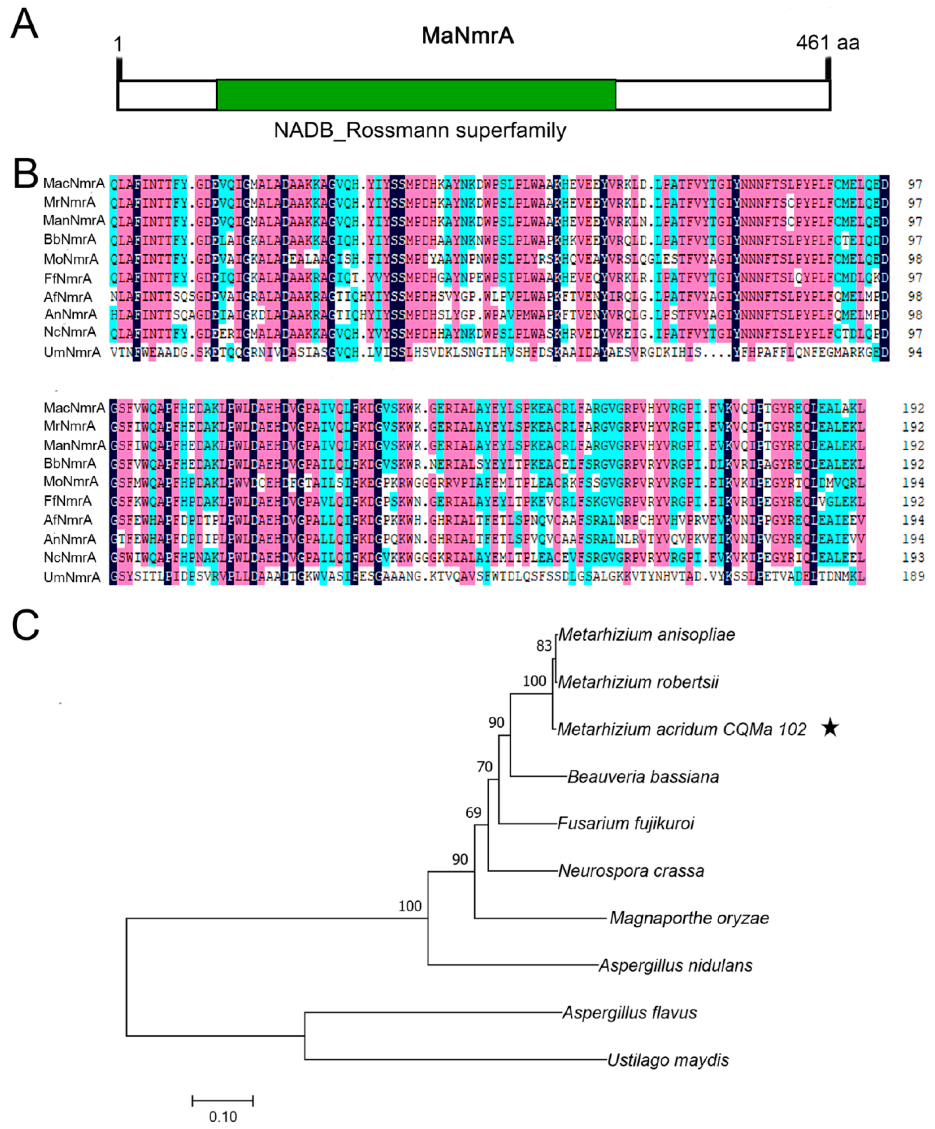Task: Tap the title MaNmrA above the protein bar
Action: [467, 36]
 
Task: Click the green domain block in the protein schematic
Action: [416, 95]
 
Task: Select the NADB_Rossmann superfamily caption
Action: [420, 131]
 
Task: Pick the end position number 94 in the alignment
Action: [915, 353]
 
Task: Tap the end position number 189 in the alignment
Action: [913, 576]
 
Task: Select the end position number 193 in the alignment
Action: [913, 558]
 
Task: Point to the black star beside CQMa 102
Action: [830, 728]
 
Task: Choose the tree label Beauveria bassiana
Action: [643, 777]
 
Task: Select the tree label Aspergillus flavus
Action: [629, 1013]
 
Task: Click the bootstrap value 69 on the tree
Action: [473, 812]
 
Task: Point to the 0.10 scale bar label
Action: [222, 1117]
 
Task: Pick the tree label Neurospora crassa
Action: [631, 871]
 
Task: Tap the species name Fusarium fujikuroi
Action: [625, 824]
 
